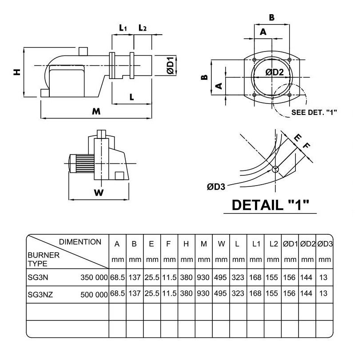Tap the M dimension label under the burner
click(96, 111)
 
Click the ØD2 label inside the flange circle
click(274, 72)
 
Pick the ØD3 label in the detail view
click(216, 186)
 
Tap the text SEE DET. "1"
click(314, 112)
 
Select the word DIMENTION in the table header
click(80, 242)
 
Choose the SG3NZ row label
click(40, 294)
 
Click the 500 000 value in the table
click(94, 294)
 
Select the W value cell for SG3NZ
click(221, 294)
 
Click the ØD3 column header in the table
click(325, 244)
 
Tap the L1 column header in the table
click(256, 244)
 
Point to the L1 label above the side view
click(123, 28)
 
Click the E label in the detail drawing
click(296, 138)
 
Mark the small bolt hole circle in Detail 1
click(275, 169)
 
